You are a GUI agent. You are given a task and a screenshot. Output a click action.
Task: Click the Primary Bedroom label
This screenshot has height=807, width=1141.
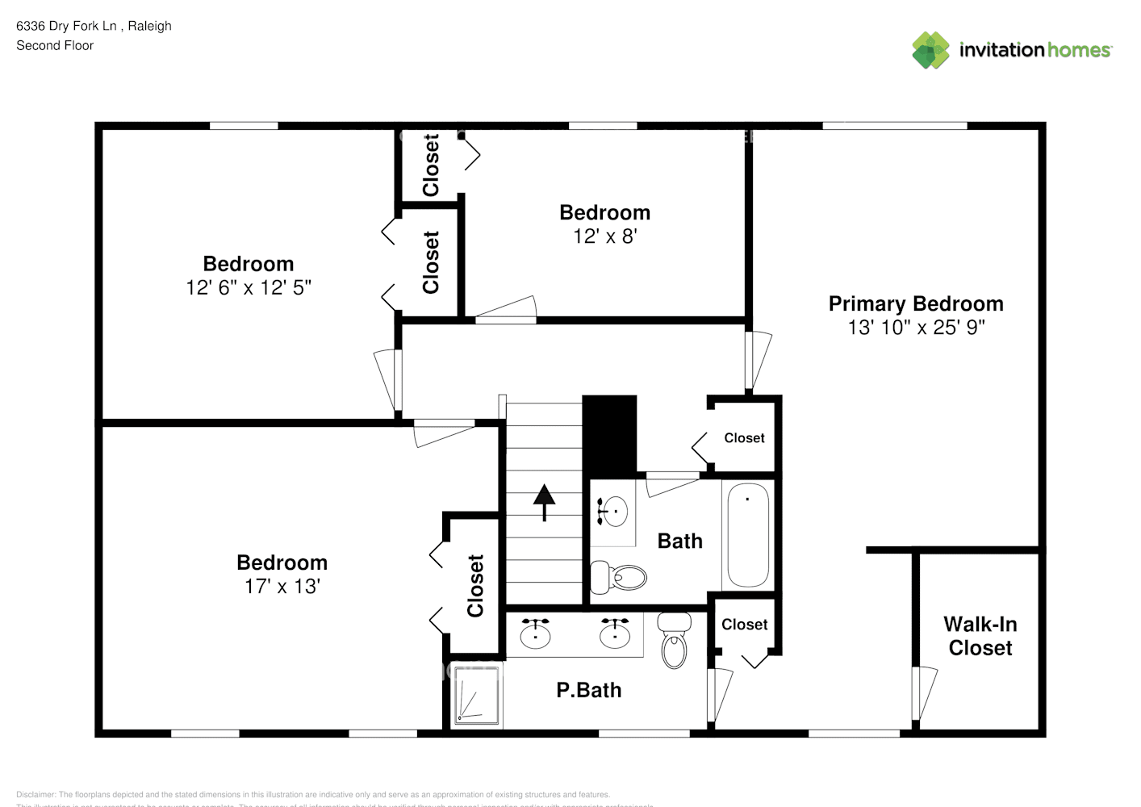[x=916, y=303]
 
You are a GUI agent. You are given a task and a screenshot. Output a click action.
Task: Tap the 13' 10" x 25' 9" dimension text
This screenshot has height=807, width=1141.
[x=916, y=328]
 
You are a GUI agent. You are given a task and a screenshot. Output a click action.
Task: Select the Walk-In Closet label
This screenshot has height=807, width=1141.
[x=980, y=636]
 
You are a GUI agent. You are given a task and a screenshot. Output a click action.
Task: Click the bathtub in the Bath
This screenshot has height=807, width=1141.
[x=747, y=535]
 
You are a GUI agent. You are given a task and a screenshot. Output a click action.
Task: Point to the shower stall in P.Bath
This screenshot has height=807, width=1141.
[x=476, y=694]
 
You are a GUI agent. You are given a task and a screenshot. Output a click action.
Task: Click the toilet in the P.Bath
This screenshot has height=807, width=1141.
[x=674, y=641]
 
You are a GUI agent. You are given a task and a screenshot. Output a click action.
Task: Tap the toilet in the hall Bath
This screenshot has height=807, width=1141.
[x=619, y=577]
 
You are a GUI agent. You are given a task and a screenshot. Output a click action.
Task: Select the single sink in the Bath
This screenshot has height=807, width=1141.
[x=615, y=511]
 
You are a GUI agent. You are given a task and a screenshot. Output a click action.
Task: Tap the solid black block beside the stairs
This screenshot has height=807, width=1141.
[x=609, y=434]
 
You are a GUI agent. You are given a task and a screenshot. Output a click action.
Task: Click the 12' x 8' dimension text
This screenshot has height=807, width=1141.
[x=605, y=236]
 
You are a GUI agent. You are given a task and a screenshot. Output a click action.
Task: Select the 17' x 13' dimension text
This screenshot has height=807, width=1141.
[x=282, y=587]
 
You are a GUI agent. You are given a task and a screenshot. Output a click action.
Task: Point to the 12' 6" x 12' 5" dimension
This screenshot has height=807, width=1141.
[x=249, y=287]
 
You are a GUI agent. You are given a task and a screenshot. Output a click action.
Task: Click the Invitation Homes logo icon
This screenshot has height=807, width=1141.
[x=930, y=50]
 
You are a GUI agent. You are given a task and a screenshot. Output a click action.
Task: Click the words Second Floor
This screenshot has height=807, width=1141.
[x=55, y=45]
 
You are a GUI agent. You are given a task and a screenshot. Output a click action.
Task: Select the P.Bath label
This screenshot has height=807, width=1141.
[x=589, y=690]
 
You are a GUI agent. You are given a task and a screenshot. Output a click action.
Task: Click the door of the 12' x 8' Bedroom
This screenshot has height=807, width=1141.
[x=506, y=311]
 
